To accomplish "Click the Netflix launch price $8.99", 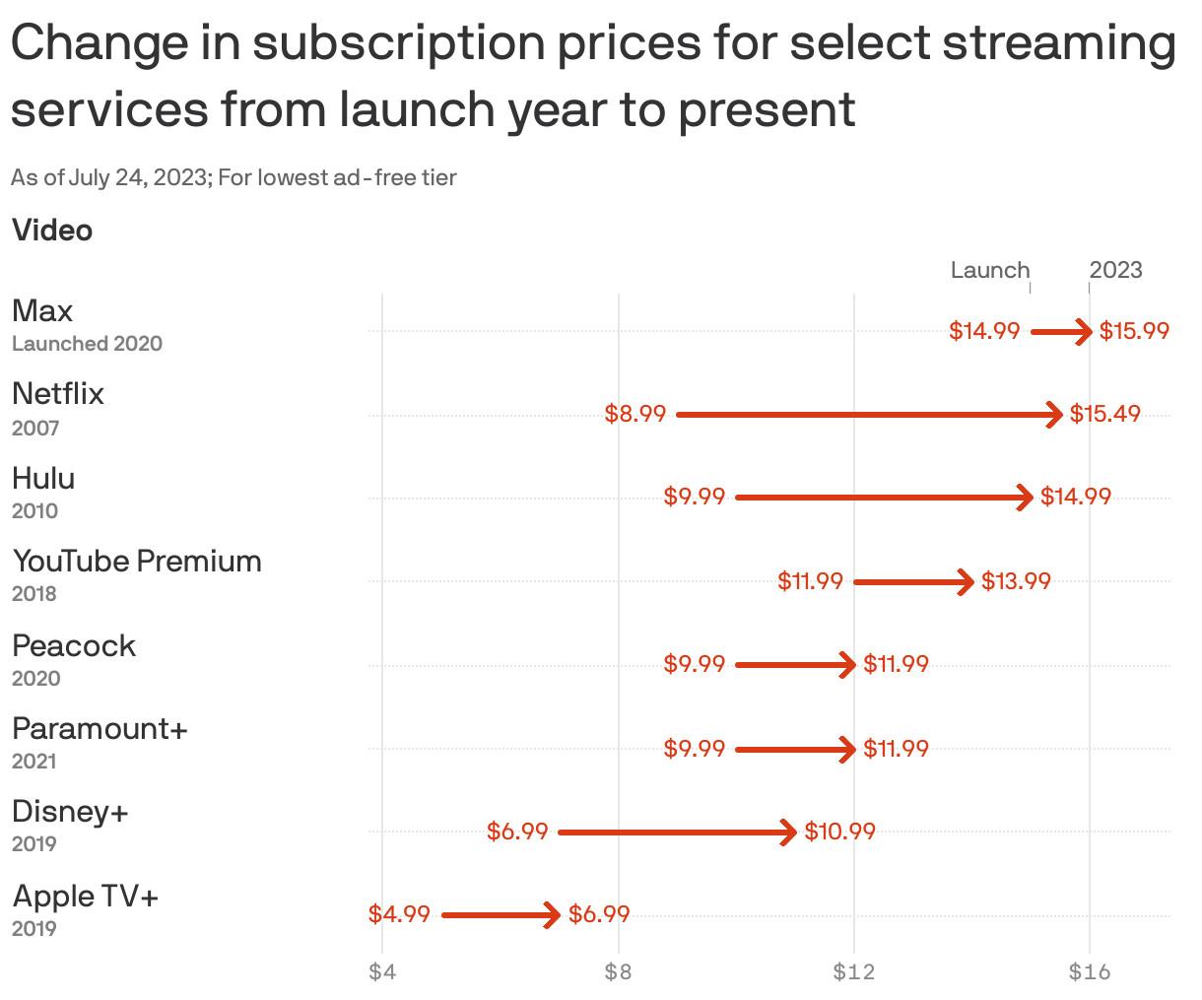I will (x=635, y=414).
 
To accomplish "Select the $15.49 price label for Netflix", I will (x=1105, y=414).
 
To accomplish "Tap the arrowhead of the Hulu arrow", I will (x=1027, y=498).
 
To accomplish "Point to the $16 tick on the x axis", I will (x=1089, y=972).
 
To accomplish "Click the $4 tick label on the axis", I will (x=382, y=972).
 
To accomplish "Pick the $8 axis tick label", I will (x=618, y=972).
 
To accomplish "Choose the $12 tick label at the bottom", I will (x=853, y=972).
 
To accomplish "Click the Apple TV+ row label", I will (x=86, y=897).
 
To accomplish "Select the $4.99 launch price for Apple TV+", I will (x=399, y=914).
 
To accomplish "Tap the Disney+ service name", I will (x=70, y=812).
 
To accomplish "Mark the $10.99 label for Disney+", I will (x=839, y=832).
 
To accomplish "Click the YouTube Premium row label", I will (x=137, y=562).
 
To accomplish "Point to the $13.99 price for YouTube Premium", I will (x=1016, y=581).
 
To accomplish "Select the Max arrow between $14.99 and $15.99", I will (x=1060, y=332).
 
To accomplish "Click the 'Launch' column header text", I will (x=989, y=270).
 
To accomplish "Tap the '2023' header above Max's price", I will (x=1115, y=270).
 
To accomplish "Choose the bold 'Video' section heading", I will (x=52, y=231).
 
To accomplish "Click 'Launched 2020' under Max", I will (x=87, y=344).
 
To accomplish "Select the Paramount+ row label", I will (x=100, y=729).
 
